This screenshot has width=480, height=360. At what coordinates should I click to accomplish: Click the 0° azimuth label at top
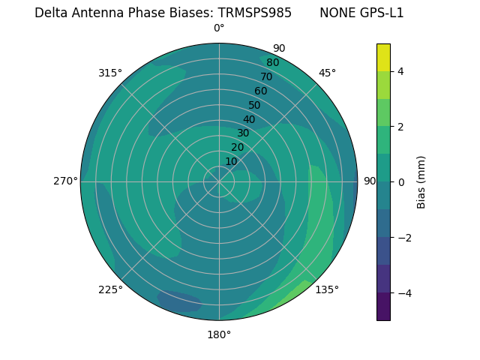pos(219,28)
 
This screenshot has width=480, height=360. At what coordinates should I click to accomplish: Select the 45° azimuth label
pos(327,73)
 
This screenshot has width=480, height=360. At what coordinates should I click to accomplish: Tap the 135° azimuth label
pos(327,289)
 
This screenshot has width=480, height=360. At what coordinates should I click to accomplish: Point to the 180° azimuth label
pos(219,334)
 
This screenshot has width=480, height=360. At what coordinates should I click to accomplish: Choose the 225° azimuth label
pos(110,289)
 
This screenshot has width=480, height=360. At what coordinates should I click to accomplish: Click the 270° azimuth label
pos(66,181)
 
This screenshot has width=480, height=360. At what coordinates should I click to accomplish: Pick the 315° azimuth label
pos(110,73)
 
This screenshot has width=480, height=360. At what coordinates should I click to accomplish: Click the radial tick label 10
pos(231,162)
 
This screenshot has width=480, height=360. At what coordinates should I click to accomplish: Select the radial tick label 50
pos(255,105)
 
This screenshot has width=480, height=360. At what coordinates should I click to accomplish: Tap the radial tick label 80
pos(273,62)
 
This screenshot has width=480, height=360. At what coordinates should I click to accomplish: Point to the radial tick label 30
pos(243,133)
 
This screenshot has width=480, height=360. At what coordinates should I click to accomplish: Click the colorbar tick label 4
pos(400,71)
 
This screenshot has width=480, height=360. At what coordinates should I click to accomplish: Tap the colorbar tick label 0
pos(400,181)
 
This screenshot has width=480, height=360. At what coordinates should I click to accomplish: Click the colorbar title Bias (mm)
pos(421,181)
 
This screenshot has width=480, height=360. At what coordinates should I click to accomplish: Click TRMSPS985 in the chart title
pos(255,13)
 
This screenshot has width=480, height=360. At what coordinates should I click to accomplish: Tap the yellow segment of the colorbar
pos(383,57)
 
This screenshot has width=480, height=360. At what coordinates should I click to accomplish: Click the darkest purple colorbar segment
pos(383,307)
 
